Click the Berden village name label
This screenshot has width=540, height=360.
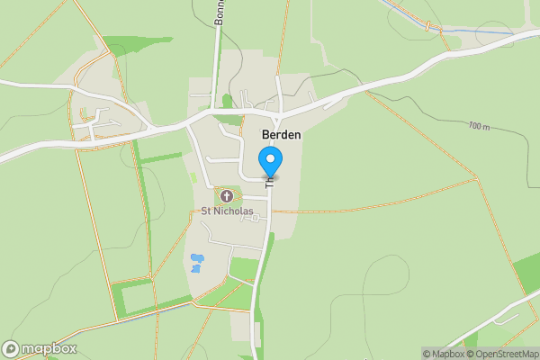281,134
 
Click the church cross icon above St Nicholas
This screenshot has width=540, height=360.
226,195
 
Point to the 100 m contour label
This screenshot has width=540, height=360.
479,126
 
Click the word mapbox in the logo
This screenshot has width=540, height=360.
49,348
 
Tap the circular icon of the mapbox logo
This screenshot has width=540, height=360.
12,348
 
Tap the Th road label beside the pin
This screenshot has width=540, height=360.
268,181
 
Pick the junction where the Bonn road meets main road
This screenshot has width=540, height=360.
214,111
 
